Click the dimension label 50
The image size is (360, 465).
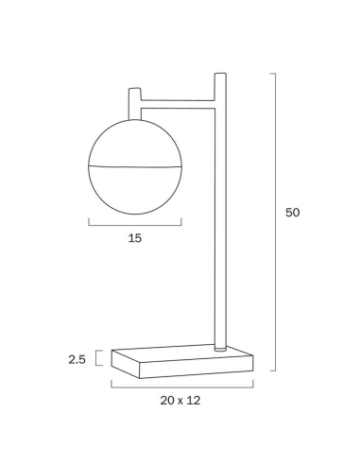point(292,213)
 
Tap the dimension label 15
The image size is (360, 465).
point(135,238)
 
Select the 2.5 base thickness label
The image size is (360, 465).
point(77,359)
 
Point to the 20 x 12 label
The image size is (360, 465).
point(180,401)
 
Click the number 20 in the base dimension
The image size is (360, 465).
point(167,401)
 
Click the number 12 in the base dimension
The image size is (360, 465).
point(194,401)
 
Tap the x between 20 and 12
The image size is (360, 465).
point(180,402)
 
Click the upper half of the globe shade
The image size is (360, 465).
point(135,144)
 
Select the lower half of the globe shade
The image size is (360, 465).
point(135,190)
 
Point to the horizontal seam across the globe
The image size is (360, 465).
point(135,166)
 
